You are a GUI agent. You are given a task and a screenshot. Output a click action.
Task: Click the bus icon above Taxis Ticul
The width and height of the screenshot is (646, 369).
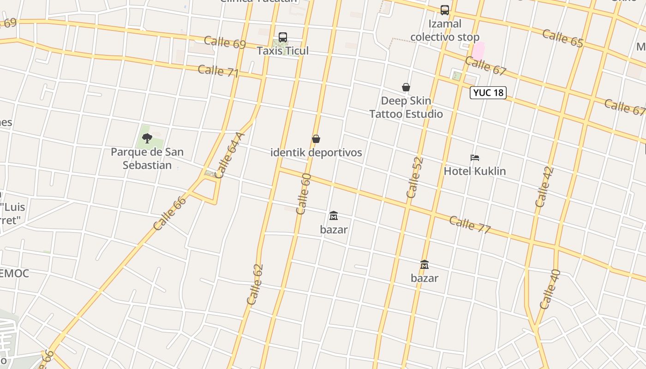pyautogui.click(x=283, y=37)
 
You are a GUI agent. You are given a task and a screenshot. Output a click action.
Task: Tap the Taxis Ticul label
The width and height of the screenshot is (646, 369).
pyautogui.click(x=282, y=51)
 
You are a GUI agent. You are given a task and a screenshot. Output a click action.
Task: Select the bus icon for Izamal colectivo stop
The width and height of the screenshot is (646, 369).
pyautogui.click(x=444, y=10)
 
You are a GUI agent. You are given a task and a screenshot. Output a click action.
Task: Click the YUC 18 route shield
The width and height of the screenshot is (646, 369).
pyautogui.click(x=488, y=93)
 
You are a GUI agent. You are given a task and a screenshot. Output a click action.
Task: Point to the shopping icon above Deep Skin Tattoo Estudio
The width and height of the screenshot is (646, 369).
pyautogui.click(x=406, y=87)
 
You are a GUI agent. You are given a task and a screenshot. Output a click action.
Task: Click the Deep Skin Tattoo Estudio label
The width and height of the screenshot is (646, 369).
pyautogui.click(x=406, y=107)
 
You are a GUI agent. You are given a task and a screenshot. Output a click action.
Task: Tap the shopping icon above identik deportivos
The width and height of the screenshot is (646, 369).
pyautogui.click(x=316, y=139)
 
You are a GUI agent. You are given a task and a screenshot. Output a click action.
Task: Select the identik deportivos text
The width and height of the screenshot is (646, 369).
pyautogui.click(x=316, y=153)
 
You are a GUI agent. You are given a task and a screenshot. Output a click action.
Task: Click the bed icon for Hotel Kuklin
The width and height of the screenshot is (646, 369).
pyautogui.click(x=474, y=158)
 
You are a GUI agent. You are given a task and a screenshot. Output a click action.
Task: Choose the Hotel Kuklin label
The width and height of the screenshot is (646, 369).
pyautogui.click(x=474, y=171)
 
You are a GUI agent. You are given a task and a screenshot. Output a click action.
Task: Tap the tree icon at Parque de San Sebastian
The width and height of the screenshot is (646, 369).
pyautogui.click(x=147, y=138)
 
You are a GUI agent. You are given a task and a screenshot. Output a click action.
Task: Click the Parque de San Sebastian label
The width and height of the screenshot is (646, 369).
pyautogui.click(x=147, y=159)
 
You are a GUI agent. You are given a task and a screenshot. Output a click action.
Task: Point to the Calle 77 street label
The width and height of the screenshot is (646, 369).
pyautogui.click(x=470, y=225)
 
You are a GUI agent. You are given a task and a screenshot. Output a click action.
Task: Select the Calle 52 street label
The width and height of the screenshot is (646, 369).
pyautogui.click(x=415, y=178)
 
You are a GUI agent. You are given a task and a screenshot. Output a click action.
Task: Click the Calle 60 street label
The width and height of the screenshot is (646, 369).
pyautogui.click(x=303, y=194)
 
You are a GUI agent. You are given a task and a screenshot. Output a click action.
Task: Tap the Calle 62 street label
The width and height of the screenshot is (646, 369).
pyautogui.click(x=255, y=284)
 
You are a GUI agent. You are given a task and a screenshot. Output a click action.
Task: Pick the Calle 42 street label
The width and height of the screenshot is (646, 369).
pyautogui.click(x=544, y=187)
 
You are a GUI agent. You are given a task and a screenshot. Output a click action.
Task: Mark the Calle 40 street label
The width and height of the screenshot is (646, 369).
pyautogui.click(x=550, y=289)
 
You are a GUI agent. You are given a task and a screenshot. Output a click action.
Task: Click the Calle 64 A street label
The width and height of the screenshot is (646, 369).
pyautogui.click(x=229, y=155)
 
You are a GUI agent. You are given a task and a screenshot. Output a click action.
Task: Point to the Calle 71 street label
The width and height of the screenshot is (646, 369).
pyautogui.click(x=218, y=71)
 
